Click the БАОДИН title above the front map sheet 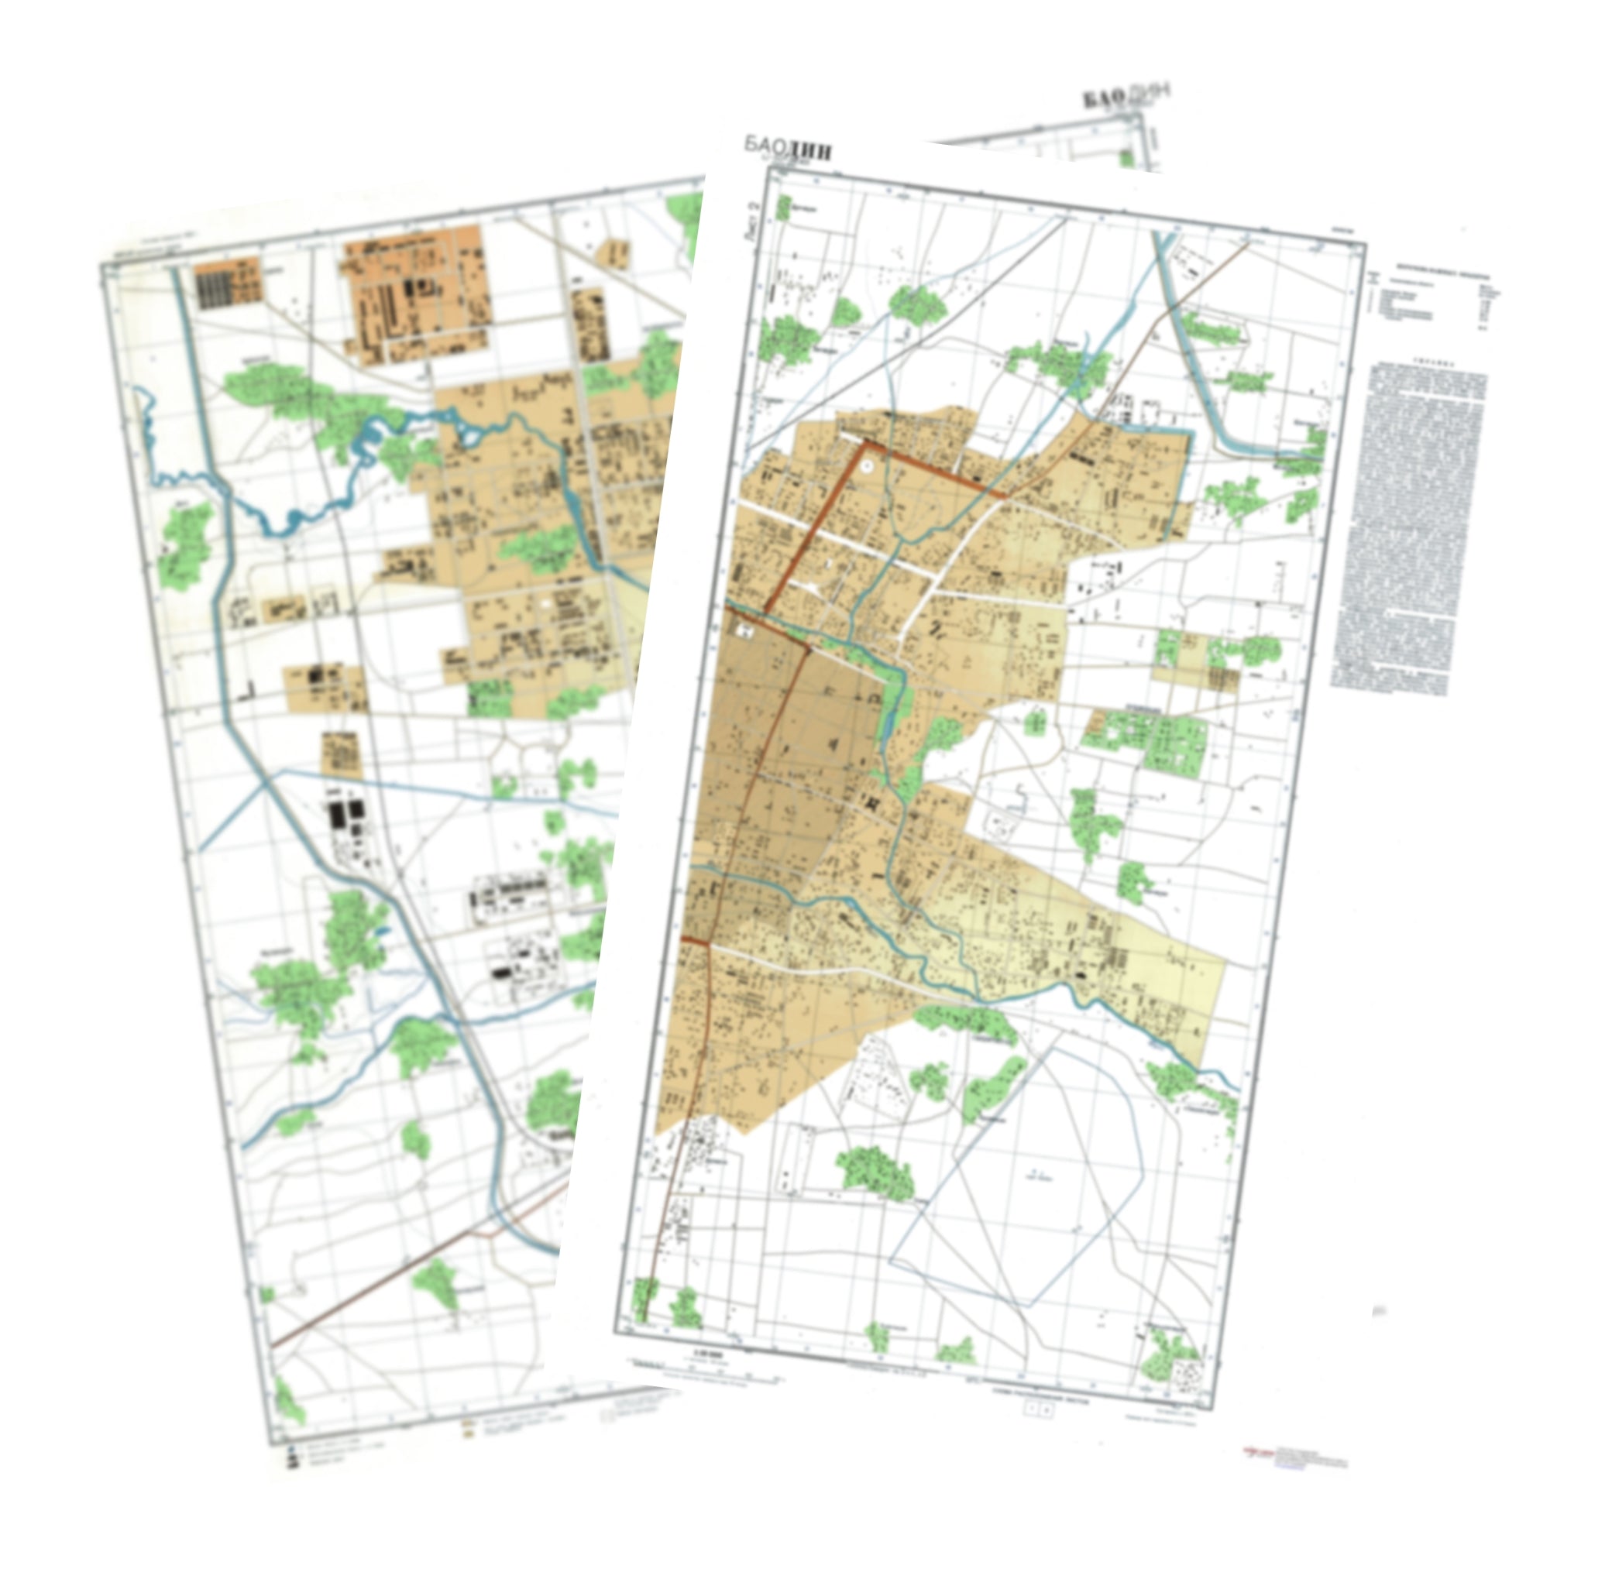(788, 148)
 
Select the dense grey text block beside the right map (1409, 525)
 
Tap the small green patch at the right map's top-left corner (782, 208)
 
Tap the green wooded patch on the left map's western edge (185, 541)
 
